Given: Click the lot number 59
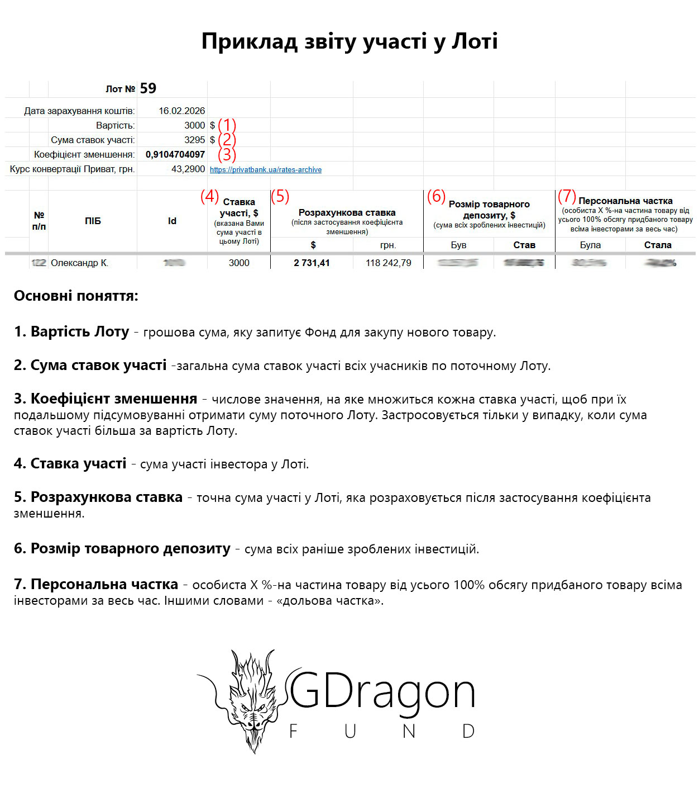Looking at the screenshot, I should tap(148, 88).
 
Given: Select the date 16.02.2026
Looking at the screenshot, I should tap(181, 111).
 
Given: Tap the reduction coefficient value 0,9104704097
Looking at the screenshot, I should tap(175, 154).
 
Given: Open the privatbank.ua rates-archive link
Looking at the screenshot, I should tap(266, 169).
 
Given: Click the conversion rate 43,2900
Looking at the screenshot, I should tap(188, 169).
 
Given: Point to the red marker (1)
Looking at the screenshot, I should tap(227, 125).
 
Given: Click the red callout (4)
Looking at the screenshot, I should tap(209, 196).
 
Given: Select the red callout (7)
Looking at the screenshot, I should tap(567, 196).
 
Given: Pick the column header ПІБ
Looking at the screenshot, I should tap(93, 221).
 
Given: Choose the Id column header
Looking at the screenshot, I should tap(172, 221).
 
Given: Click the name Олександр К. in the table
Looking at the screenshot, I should tap(79, 263).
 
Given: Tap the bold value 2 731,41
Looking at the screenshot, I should tap(312, 263).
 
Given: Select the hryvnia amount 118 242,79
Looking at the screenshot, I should tap(389, 263).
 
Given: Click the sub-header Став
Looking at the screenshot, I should tap(524, 245).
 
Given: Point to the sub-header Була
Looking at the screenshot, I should tap(590, 245).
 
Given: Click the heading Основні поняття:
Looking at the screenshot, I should tap(76, 296).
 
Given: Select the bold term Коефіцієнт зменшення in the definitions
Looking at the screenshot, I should tap(114, 399).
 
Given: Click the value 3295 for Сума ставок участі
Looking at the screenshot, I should tap(195, 140).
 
